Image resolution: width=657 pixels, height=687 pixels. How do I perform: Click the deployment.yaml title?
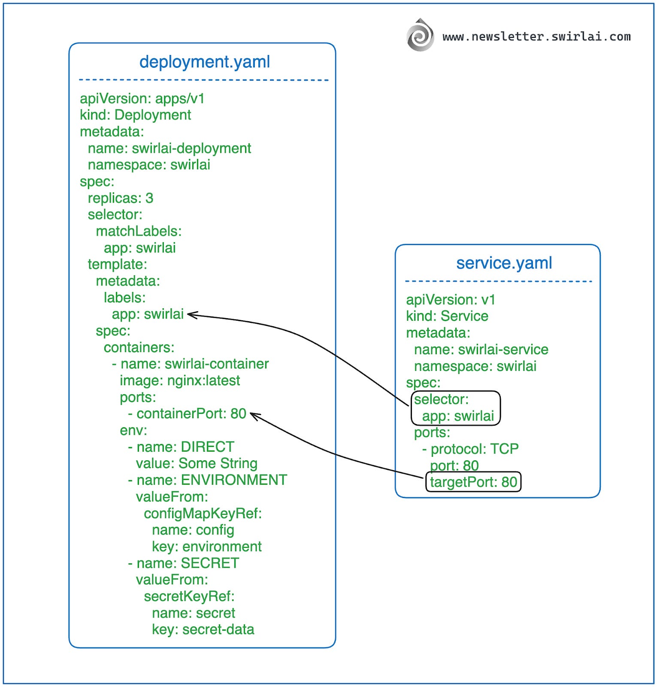click(204, 62)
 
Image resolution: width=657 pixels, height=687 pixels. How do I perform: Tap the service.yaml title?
click(504, 263)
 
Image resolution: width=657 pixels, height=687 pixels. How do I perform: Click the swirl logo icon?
click(420, 35)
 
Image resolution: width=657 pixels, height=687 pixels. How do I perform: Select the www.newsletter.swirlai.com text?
click(536, 36)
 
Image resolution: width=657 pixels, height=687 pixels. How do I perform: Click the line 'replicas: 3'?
click(120, 198)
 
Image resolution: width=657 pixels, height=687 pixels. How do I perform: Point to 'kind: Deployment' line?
click(135, 115)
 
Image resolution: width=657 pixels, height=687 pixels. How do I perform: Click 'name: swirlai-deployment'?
click(169, 148)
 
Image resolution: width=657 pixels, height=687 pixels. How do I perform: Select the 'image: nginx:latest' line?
click(179, 380)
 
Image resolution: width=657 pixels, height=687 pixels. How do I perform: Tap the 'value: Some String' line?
click(196, 463)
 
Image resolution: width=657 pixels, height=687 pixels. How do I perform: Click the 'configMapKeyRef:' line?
click(203, 513)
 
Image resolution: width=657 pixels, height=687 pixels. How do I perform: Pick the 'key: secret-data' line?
click(203, 629)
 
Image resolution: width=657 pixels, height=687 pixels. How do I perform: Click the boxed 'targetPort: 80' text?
click(473, 482)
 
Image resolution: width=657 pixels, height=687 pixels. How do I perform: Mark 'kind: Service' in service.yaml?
click(447, 316)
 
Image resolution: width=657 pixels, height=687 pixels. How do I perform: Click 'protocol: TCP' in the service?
click(474, 449)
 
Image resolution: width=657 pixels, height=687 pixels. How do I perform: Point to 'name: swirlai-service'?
click(481, 350)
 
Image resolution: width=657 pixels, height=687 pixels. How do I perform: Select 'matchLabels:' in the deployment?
click(139, 231)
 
